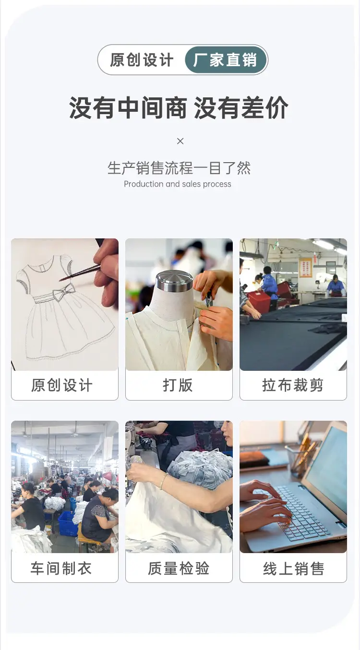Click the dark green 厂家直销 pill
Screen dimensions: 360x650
click(226, 60)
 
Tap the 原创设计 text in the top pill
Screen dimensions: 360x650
click(142, 60)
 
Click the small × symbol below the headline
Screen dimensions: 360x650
click(180, 142)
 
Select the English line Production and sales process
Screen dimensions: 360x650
click(178, 184)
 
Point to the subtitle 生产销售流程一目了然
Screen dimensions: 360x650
click(179, 168)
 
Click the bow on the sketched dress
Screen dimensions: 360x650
click(64, 292)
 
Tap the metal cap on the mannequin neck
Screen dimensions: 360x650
click(175, 281)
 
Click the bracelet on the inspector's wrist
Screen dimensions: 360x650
click(164, 481)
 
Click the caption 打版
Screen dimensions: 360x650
click(178, 385)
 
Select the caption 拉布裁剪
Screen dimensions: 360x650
click(293, 385)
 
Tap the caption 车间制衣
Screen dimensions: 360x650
click(61, 568)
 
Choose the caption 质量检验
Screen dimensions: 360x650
click(179, 568)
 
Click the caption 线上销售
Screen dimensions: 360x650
click(293, 568)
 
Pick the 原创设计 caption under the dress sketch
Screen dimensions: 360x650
click(62, 385)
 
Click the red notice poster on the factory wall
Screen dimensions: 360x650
click(305, 267)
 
